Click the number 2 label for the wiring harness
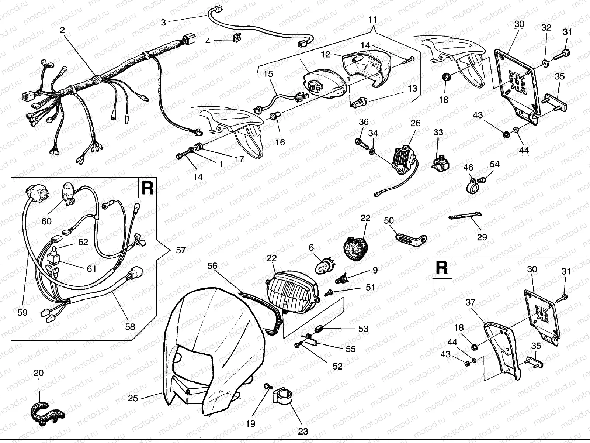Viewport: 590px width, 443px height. tap(62, 30)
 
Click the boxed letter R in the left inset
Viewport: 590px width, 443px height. tap(147, 188)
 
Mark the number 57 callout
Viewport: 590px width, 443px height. tap(181, 251)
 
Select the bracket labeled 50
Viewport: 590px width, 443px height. tap(409, 235)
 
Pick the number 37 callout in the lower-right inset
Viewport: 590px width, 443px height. tap(470, 303)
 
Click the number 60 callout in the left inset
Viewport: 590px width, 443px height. tap(47, 221)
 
